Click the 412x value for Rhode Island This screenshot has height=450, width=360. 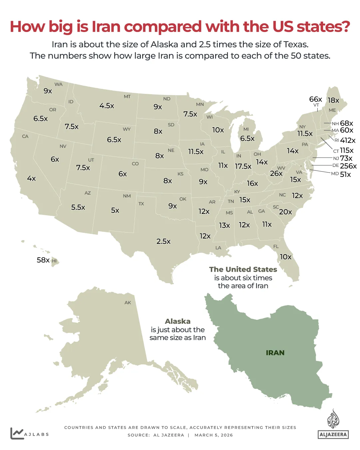pos(348,141)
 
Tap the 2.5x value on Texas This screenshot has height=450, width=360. pos(164,241)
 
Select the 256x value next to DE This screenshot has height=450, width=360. pos(348,166)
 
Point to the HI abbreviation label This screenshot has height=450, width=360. pos(54,261)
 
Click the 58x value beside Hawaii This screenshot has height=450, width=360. pos(43,260)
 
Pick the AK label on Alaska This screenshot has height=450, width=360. pos(128,303)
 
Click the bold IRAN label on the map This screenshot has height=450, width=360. pos(275,353)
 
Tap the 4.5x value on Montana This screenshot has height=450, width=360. pos(107,106)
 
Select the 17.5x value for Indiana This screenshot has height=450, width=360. pos(243,167)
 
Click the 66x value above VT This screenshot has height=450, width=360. pos(315,99)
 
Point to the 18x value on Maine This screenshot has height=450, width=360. pos(333,100)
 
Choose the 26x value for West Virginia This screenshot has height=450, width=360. pos(276,174)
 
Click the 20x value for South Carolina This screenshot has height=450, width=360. pos(285,212)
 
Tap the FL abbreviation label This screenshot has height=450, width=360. pos(276,246)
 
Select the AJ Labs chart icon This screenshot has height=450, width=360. pos(17,433)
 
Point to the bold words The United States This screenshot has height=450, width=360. pos(243,269)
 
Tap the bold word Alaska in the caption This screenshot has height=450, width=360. pos(178,321)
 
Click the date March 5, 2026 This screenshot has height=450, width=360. pos(213,435)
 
